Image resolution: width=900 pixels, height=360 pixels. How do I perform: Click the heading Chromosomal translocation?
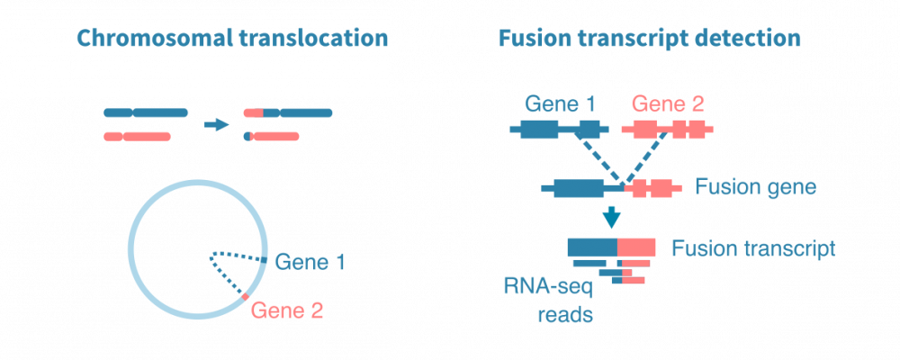coord(232,39)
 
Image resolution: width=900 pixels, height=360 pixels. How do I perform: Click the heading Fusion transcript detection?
coord(649,39)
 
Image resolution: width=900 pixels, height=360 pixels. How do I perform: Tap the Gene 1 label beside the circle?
coord(310,263)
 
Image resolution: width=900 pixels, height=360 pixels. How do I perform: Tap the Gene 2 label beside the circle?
coord(287,311)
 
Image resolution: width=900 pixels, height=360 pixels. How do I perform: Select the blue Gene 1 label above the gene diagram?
coord(561,103)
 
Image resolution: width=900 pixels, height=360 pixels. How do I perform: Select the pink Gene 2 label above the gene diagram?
coord(668,103)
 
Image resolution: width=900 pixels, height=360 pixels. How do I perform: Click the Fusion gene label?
coord(755,188)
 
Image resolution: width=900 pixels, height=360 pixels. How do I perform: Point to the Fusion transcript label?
coord(754,247)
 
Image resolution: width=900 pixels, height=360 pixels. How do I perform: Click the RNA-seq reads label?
coord(547,301)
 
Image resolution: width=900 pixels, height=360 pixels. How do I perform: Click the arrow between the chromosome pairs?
coord(217,124)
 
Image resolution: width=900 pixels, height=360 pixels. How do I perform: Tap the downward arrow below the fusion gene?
coord(612,217)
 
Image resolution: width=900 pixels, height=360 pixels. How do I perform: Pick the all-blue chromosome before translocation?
coord(146,113)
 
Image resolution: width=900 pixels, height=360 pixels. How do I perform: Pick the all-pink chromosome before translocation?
coord(137,137)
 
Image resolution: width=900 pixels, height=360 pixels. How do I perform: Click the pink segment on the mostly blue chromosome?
coord(254,113)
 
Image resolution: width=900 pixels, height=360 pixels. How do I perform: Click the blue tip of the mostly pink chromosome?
coord(247,137)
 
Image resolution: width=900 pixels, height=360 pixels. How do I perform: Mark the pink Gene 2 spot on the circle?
coord(245,295)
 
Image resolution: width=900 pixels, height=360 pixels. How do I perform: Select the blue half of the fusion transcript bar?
coord(592,247)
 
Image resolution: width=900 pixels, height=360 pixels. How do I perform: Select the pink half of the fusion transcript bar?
coord(637,247)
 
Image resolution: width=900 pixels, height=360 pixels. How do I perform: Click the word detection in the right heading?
coord(754,39)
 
